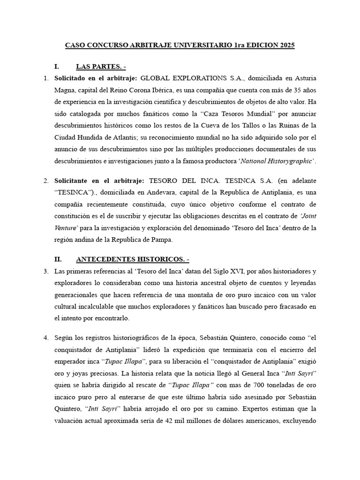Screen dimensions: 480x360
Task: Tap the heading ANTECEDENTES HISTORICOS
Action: [132, 259]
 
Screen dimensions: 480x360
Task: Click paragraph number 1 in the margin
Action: [46, 78]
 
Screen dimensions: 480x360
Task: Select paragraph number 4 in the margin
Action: [46, 337]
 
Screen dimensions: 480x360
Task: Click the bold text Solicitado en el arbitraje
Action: [96, 78]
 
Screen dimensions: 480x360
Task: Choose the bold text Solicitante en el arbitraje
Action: [97, 180]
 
